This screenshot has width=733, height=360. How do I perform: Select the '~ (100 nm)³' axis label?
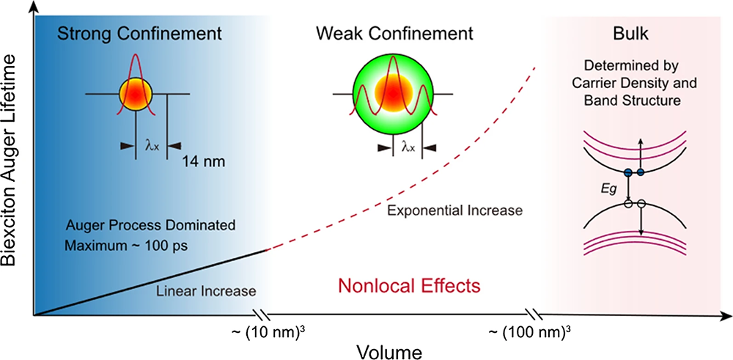pos(529,330)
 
